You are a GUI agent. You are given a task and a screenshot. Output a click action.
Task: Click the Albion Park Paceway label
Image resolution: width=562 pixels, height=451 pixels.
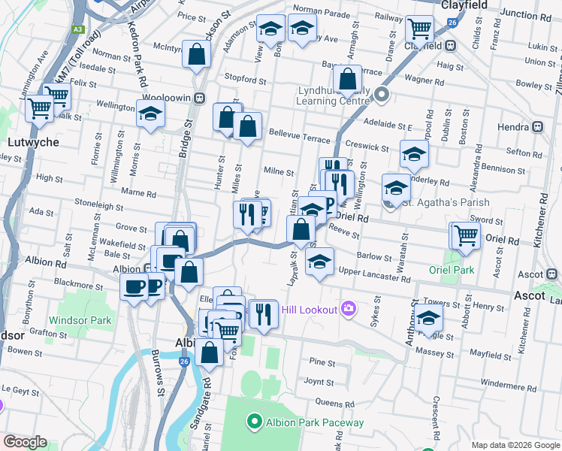(x=315, y=422)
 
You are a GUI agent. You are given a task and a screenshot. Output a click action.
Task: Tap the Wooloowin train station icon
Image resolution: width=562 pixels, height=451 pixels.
(x=200, y=98)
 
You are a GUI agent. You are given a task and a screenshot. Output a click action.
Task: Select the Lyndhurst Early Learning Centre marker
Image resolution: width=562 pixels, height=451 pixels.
(x=382, y=95)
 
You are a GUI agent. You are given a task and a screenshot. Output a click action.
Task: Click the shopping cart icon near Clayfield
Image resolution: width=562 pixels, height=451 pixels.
(x=418, y=29)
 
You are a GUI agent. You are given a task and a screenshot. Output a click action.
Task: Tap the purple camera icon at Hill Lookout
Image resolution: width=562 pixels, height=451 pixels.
(x=347, y=307)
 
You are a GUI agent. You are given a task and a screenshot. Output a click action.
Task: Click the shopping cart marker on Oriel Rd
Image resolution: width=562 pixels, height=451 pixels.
(x=464, y=235)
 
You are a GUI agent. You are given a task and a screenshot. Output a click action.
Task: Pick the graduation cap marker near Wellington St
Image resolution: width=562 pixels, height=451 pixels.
(x=395, y=187)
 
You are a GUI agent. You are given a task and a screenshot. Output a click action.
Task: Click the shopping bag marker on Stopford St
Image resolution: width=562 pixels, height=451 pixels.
(x=197, y=56)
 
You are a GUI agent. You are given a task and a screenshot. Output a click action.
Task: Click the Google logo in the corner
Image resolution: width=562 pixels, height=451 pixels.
(x=24, y=442)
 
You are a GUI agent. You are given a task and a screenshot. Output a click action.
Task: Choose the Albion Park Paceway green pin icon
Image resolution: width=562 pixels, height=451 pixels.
(x=254, y=422)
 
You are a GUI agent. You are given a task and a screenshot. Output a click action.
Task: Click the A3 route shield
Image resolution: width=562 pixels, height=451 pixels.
(x=77, y=29)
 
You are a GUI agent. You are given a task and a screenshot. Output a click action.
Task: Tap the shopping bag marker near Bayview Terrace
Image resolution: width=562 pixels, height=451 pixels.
(x=348, y=79)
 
